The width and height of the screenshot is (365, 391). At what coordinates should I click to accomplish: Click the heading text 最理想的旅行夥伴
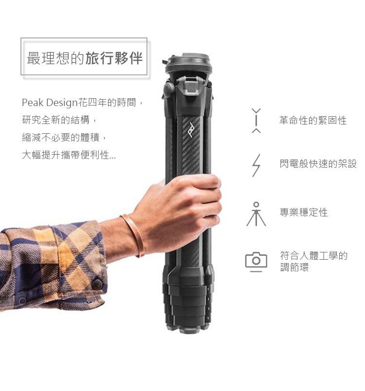(x=84, y=58)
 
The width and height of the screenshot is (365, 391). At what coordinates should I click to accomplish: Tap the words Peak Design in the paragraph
(x=50, y=103)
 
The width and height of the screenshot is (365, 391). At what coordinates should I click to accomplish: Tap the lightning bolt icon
(x=256, y=165)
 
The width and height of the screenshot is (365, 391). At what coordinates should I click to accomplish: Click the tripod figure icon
(x=256, y=214)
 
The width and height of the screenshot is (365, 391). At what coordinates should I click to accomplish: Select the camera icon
(x=256, y=262)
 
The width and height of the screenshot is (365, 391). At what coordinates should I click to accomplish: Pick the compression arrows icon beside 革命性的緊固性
(x=256, y=121)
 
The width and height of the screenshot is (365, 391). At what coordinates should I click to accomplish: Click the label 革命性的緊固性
(x=313, y=121)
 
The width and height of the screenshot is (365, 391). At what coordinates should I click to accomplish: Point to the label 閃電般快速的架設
(x=318, y=164)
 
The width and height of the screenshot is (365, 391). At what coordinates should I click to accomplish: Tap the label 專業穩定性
(x=303, y=213)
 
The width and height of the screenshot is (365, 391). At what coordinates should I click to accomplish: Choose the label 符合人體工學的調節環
(x=313, y=261)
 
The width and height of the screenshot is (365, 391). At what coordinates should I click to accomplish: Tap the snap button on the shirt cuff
(x=97, y=284)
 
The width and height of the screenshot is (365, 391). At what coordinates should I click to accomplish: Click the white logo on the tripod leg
(x=191, y=129)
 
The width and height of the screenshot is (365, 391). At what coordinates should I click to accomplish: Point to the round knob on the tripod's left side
(x=169, y=89)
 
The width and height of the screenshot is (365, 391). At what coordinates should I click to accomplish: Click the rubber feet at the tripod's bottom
(x=190, y=329)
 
